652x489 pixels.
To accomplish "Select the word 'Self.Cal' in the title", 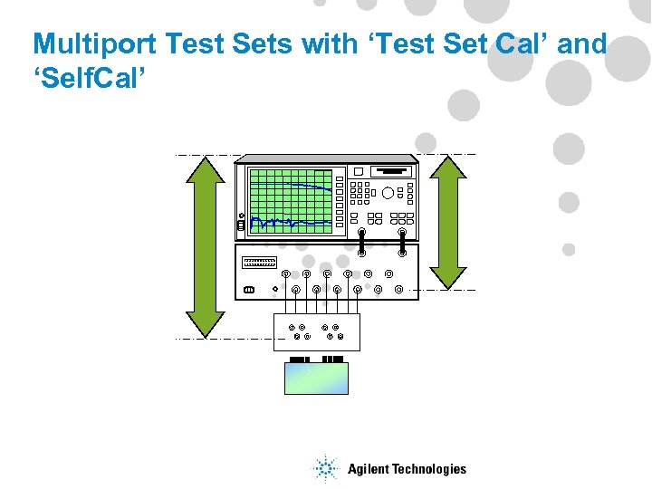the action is pos(88,76).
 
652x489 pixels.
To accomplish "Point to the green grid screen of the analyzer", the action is pos(291,200).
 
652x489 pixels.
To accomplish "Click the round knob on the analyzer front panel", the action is pos(388,192).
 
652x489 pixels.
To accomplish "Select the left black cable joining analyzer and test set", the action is pos(361,243).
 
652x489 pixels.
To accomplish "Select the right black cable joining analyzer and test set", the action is pos(402,243).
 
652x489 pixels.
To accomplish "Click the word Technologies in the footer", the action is pos(429,469).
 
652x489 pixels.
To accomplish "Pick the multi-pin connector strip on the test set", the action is pos(259,262).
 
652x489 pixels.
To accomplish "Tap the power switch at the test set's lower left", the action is pos(250,291).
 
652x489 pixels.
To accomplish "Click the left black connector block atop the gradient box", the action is pos(301,360).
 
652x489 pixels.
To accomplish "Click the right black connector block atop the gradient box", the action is pos(332,360).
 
